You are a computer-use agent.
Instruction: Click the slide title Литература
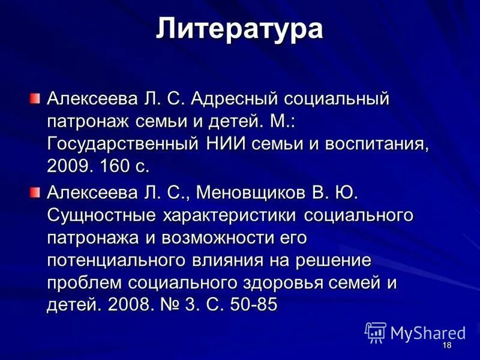(240, 30)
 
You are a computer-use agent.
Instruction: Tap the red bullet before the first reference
(37, 97)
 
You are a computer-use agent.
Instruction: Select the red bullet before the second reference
(37, 191)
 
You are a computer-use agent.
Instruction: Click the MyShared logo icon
(376, 332)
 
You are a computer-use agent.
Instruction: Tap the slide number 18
(446, 346)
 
